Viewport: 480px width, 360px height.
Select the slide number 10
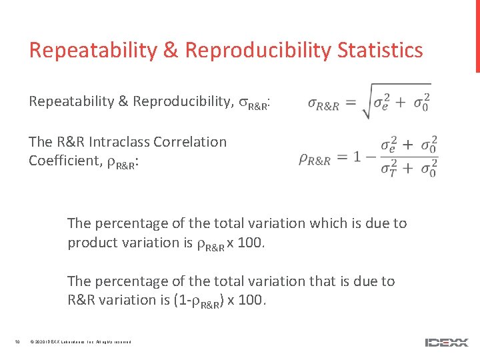click(x=17, y=343)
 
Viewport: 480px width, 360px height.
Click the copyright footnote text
click(x=81, y=343)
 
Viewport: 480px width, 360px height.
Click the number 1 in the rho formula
click(x=358, y=157)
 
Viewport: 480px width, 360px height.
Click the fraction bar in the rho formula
click(x=409, y=157)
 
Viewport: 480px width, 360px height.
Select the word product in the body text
click(x=91, y=243)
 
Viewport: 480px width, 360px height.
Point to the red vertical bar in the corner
click(x=477, y=36)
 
